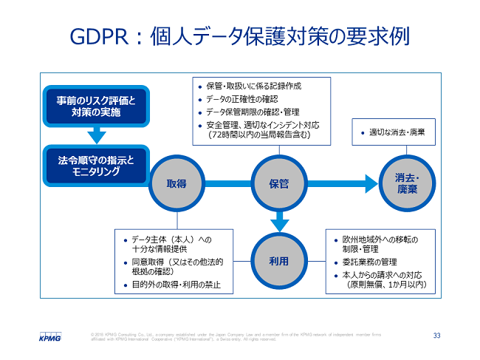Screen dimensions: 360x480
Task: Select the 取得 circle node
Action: coord(176,183)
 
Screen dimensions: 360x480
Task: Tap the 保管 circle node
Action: coord(278,183)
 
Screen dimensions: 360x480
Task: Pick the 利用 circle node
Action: coord(278,262)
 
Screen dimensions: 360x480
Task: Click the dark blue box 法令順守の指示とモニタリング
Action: coord(96,165)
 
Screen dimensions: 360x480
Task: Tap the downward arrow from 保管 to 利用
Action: coord(278,220)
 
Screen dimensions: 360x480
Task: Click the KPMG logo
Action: coord(50,336)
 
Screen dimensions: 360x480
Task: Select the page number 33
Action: coord(436,336)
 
